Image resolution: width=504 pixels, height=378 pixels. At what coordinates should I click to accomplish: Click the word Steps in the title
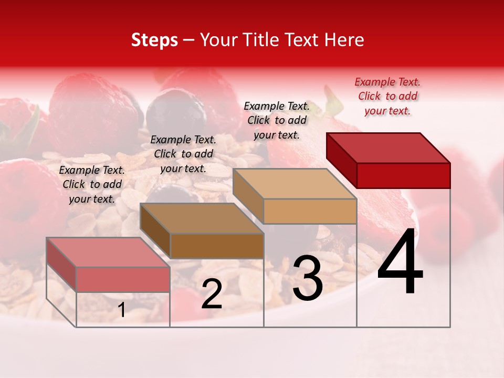[154, 40]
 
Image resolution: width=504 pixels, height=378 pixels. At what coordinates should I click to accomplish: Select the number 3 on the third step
[308, 278]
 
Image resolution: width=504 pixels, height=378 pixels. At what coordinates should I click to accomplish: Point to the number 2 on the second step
[212, 294]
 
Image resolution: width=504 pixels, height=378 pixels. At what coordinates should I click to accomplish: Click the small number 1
[121, 310]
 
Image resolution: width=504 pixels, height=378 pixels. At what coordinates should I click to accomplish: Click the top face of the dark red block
[388, 148]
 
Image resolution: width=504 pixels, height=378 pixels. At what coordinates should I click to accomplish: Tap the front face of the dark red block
[403, 175]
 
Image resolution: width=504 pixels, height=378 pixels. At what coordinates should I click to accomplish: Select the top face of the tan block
[295, 184]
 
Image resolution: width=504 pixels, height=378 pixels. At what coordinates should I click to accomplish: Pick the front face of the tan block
[310, 211]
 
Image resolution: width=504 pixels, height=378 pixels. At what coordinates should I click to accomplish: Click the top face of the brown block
[202, 218]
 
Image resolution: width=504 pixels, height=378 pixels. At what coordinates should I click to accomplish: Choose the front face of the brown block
[217, 246]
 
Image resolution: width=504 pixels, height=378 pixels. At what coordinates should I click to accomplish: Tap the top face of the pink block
[108, 252]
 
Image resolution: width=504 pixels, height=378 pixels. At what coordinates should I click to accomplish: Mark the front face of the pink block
[123, 279]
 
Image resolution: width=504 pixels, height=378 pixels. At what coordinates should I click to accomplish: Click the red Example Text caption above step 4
[387, 96]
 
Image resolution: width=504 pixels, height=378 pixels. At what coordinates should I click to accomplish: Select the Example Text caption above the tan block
[277, 120]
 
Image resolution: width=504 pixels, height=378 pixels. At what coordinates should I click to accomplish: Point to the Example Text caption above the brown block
[183, 154]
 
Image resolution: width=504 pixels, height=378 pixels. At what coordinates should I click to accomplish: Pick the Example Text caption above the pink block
[92, 184]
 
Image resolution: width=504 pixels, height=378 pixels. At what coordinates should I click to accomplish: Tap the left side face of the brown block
[155, 231]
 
